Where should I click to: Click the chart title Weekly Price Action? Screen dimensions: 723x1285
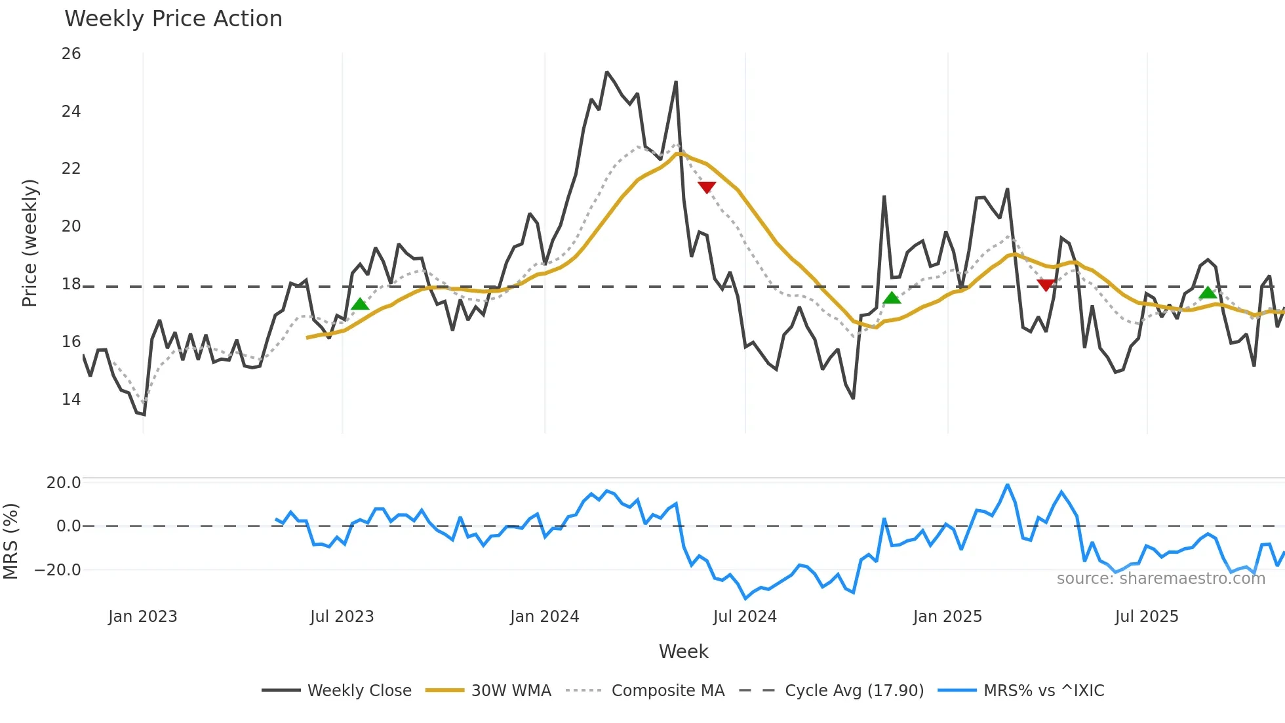point(173,19)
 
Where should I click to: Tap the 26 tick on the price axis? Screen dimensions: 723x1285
point(71,54)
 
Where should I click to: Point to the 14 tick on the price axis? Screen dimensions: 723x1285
point(71,399)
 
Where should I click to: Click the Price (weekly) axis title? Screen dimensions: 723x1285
point(30,243)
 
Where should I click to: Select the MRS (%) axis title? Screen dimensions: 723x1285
point(10,541)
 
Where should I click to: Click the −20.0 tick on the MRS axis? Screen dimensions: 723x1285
point(58,569)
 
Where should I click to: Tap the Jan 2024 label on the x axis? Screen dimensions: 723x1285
point(544,617)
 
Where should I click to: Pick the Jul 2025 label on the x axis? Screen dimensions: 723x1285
point(1146,617)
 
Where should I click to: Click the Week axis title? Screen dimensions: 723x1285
point(683,651)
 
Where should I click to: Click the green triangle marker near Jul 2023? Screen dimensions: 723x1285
point(360,304)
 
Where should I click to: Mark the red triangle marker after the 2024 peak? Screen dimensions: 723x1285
point(707,187)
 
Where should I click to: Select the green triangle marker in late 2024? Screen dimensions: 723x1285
point(892,298)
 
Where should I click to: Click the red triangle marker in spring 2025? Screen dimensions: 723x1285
point(1046,285)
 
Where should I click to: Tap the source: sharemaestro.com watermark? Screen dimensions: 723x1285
point(1160,579)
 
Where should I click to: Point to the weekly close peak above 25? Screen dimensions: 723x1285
point(607,72)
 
